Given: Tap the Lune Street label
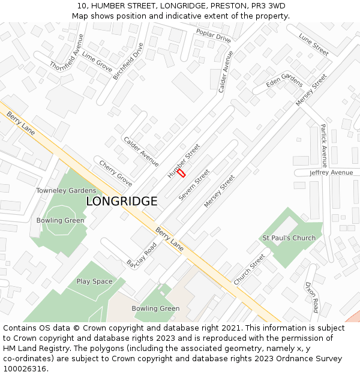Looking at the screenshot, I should (314, 44).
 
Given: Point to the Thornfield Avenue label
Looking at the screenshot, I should (67, 52).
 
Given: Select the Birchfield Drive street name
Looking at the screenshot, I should (128, 61).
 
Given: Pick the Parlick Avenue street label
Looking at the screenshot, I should (323, 146).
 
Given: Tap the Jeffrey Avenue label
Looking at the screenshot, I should (331, 173).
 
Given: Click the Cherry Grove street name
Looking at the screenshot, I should (116, 173).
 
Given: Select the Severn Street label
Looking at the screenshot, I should (194, 188).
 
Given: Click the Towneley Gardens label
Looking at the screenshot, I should (66, 190).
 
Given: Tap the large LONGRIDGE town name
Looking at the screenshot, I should (122, 202).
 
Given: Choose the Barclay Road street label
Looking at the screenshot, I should (142, 254).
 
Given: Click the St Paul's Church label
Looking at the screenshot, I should (289, 238).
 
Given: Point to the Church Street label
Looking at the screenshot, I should (249, 270).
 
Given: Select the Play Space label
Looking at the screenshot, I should (94, 281).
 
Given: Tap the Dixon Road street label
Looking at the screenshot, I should (311, 297).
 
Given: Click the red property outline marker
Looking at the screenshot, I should (181, 172).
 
